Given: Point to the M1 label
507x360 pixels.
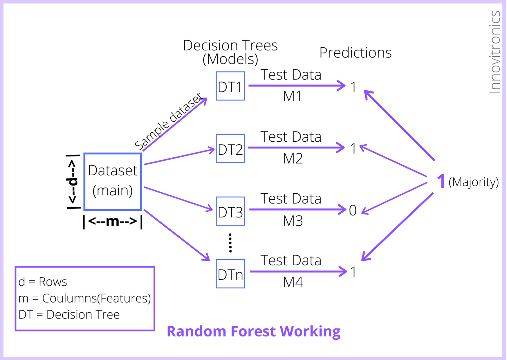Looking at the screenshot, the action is (293, 96).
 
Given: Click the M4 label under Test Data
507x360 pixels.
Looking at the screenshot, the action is (293, 282).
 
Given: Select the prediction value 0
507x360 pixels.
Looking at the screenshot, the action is (353, 210).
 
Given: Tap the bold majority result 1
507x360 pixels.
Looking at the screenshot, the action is (441, 181).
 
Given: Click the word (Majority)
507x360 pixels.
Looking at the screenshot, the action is (474, 182).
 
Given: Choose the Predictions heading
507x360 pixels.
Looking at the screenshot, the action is (356, 53).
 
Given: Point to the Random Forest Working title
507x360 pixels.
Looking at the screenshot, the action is (254, 332).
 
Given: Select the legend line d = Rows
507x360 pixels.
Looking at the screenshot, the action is (43, 282).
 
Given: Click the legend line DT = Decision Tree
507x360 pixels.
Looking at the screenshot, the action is (69, 315).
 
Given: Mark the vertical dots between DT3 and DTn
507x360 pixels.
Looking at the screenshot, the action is (230, 243).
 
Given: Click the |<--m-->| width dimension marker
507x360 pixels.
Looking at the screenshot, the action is (113, 222).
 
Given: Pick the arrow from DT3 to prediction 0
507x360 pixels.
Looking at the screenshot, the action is (298, 210).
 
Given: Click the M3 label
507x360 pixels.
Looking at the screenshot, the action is (293, 221).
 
